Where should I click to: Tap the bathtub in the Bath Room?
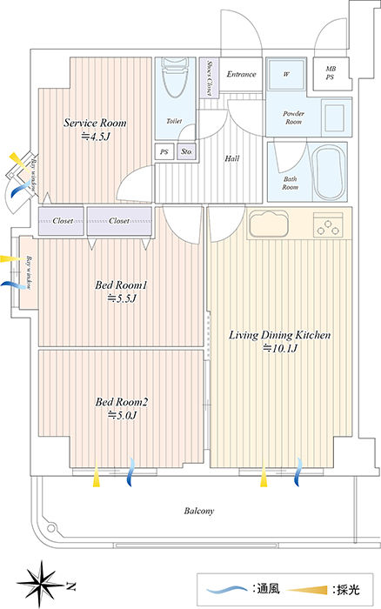329,172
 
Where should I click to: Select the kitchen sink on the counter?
269,224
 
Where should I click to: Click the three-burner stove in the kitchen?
328,224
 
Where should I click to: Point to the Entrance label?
241,74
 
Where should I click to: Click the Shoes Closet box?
209,77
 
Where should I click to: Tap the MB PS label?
331,73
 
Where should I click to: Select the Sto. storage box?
187,151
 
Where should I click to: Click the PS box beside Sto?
164,151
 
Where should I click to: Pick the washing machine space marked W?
286,74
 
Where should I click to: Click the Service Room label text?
95,123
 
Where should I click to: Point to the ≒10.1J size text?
280,348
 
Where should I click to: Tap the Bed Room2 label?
122,402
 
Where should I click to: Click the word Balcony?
199,511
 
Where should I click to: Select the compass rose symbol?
41,584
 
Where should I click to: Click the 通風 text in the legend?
268,588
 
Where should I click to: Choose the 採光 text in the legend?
348,590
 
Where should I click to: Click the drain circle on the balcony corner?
50,528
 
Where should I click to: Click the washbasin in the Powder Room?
335,117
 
